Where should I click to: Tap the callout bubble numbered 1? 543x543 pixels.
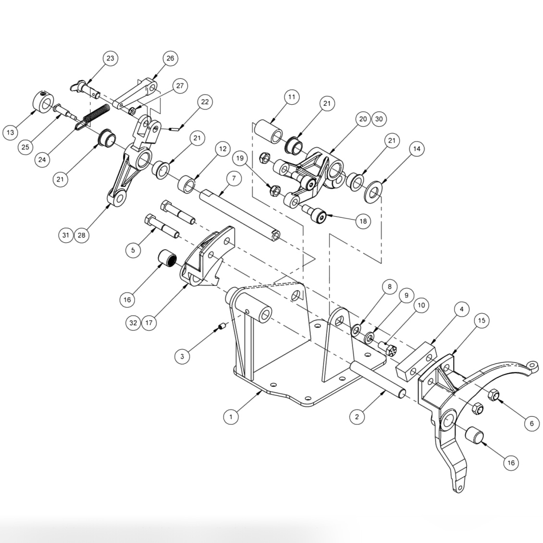click(231, 417)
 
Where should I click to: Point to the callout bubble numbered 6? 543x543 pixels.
click(531, 423)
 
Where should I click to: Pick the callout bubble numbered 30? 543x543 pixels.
click(380, 119)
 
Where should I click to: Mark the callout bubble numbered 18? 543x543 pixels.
click(362, 221)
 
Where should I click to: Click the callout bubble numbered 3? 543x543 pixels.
click(182, 356)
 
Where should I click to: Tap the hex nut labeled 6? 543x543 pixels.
click(493, 395)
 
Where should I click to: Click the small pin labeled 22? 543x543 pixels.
click(175, 128)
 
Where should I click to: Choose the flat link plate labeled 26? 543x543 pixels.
click(137, 95)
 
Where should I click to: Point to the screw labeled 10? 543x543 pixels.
click(387, 347)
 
